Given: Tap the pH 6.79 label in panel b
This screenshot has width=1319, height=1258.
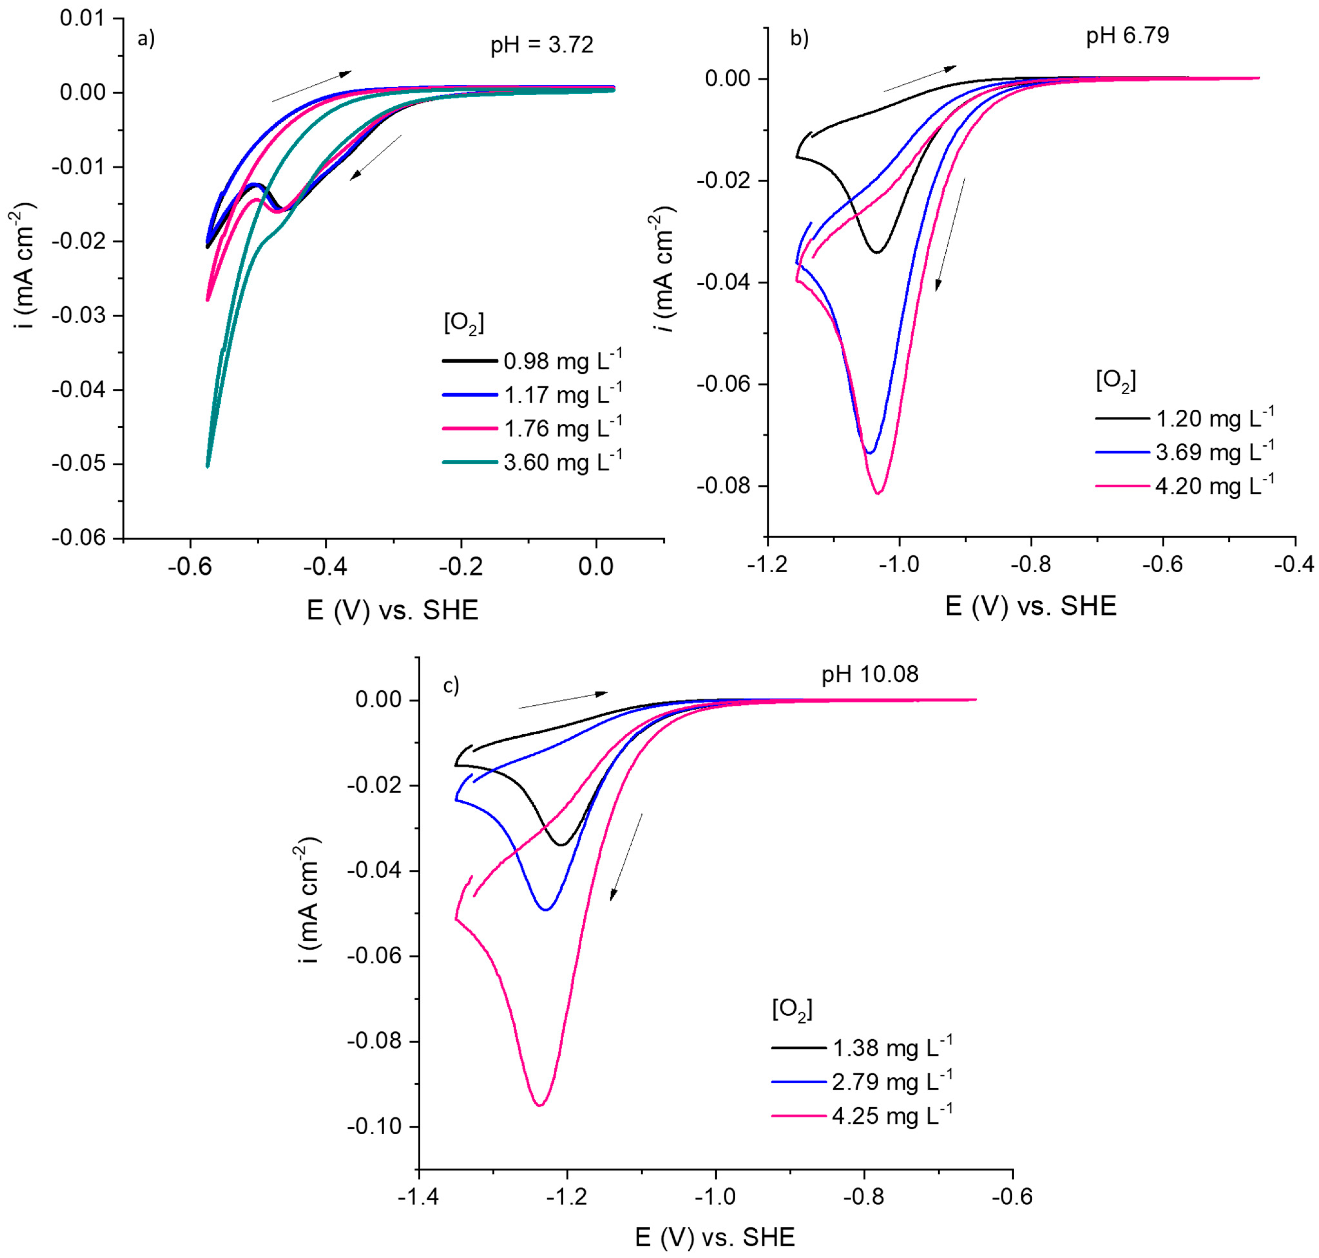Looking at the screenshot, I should tap(1127, 35).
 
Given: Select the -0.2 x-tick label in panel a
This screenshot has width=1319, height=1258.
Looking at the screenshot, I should tap(461, 567).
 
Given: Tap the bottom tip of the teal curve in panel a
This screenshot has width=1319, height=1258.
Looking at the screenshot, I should tap(208, 465).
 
